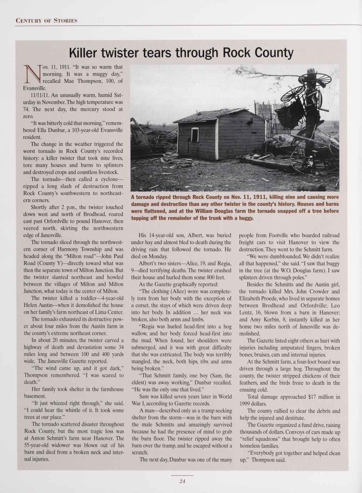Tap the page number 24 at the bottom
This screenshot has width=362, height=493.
182,481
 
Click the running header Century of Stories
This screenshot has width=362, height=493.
47,20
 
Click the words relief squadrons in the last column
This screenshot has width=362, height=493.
261,439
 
